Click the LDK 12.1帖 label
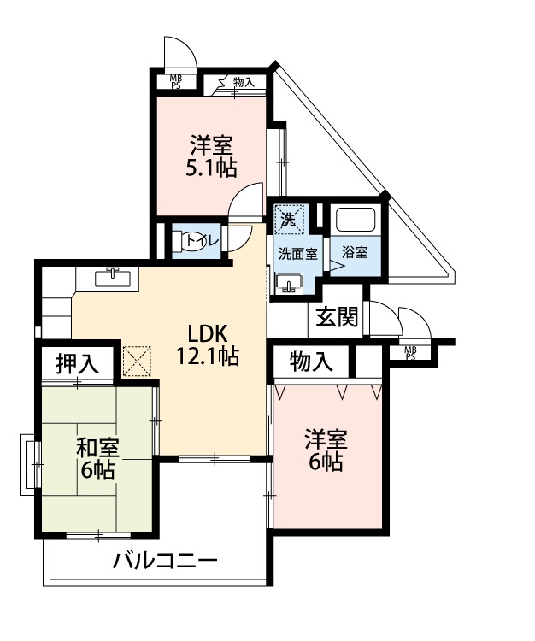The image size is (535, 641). (x=207, y=344)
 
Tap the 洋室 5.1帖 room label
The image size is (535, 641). (x=211, y=156)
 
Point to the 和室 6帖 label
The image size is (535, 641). (x=97, y=459)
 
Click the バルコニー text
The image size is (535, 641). (x=165, y=562)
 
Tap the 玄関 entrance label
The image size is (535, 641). (x=338, y=316)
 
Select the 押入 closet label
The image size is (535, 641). (x=77, y=363)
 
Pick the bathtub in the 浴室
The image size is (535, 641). (x=356, y=220)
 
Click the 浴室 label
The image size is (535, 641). (x=356, y=252)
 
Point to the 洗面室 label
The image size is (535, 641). (x=298, y=254)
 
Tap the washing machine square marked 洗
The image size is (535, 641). (x=290, y=219)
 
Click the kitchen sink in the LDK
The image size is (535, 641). (x=113, y=277)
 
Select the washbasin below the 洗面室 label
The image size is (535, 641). (x=289, y=284)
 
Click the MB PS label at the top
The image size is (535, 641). (x=176, y=82)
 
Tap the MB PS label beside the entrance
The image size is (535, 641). (x=410, y=353)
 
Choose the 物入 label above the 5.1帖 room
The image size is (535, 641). (x=244, y=82)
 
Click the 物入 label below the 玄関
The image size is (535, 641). (x=311, y=361)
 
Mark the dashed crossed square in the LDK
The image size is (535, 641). (x=137, y=361)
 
